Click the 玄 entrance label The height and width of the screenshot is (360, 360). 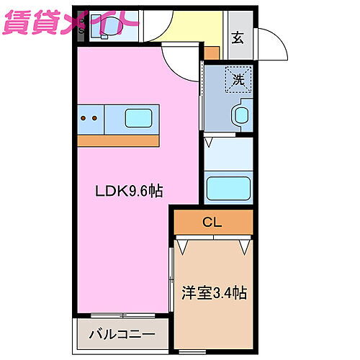pos(238,38)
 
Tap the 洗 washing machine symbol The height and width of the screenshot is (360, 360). pos(238,79)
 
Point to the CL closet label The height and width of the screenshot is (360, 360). pos(212,222)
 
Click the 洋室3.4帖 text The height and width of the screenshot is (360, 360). pos(214,294)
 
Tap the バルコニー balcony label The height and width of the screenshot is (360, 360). pos(122,335)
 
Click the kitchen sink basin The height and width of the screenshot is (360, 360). pos(139,117)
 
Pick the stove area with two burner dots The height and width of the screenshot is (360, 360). pos(91,118)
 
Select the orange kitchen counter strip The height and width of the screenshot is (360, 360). pos(119,140)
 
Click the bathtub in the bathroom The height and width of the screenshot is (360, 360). pos(228,189)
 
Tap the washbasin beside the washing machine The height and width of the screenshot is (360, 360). pos(241,115)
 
